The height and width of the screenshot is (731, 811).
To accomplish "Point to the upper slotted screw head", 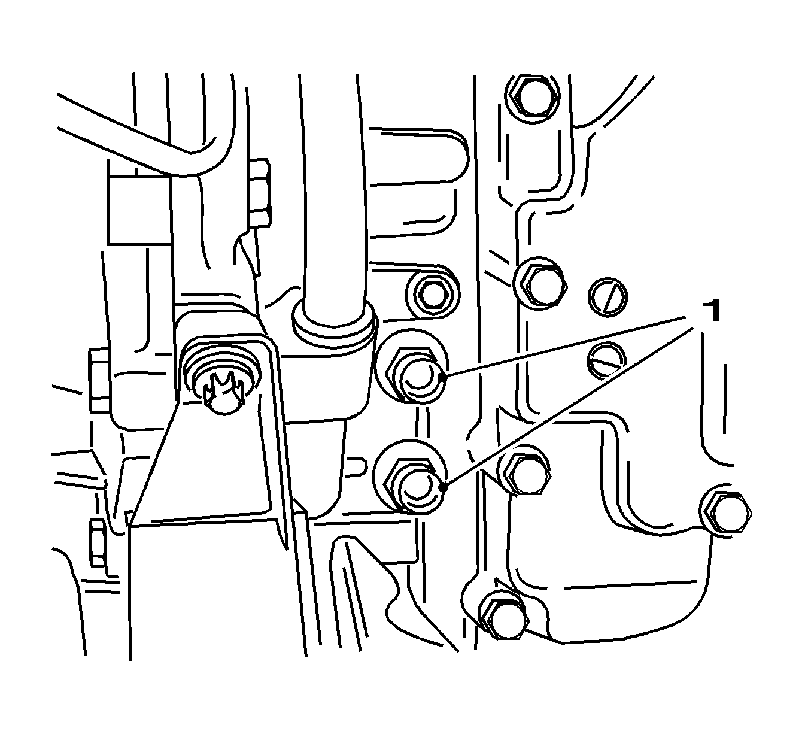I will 608,296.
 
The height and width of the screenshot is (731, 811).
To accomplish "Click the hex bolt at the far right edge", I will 726,511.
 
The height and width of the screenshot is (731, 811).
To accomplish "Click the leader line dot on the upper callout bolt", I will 442,377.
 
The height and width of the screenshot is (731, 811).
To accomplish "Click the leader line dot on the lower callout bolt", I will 444,487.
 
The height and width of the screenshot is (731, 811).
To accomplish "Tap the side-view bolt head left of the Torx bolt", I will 99,380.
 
